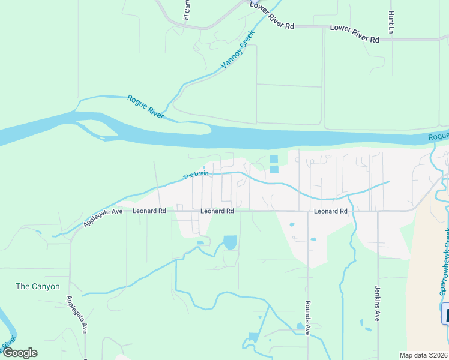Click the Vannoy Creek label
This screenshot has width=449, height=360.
(238, 49)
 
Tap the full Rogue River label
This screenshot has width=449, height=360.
(146, 106)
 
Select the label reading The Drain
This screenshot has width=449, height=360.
(196, 176)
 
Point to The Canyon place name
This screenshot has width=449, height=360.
(38, 286)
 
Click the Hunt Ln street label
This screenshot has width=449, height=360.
(391, 22)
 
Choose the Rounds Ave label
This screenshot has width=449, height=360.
(307, 317)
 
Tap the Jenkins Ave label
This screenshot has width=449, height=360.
(378, 303)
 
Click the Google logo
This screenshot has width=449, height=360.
(20, 353)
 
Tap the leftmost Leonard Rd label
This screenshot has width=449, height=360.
(149, 211)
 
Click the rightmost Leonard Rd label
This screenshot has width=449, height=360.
(331, 211)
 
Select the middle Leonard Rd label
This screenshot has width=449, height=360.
(217, 211)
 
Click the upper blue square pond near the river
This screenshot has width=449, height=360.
(274, 160)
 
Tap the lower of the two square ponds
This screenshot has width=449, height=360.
(274, 169)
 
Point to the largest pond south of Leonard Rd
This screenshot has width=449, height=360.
(230, 242)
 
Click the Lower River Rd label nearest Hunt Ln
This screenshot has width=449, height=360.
(354, 34)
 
